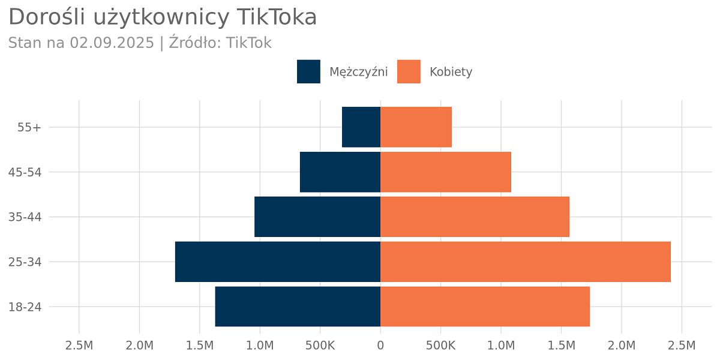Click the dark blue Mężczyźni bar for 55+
(x=361, y=127)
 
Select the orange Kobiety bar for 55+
(x=416, y=127)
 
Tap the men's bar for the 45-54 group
(x=340, y=172)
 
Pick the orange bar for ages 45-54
(x=445, y=172)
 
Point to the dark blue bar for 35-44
(x=317, y=217)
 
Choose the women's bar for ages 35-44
(x=475, y=217)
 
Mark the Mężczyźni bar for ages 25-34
(x=278, y=262)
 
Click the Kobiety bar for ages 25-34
(x=525, y=262)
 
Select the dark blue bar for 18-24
(x=298, y=307)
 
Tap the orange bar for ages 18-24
(x=485, y=307)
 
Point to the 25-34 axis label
(x=25, y=262)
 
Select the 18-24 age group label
(x=25, y=307)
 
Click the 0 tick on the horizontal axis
(x=380, y=346)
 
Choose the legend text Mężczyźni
(x=358, y=72)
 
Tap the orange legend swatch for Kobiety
(x=409, y=71)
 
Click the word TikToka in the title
(x=277, y=17)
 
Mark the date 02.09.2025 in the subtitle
(x=112, y=43)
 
